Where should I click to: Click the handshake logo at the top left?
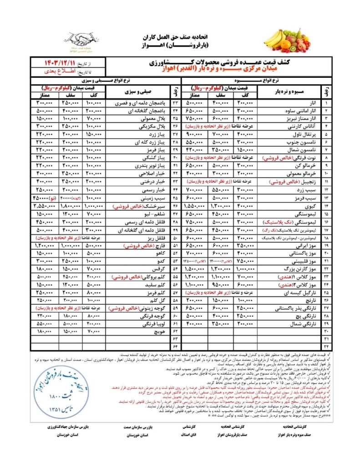78,40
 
